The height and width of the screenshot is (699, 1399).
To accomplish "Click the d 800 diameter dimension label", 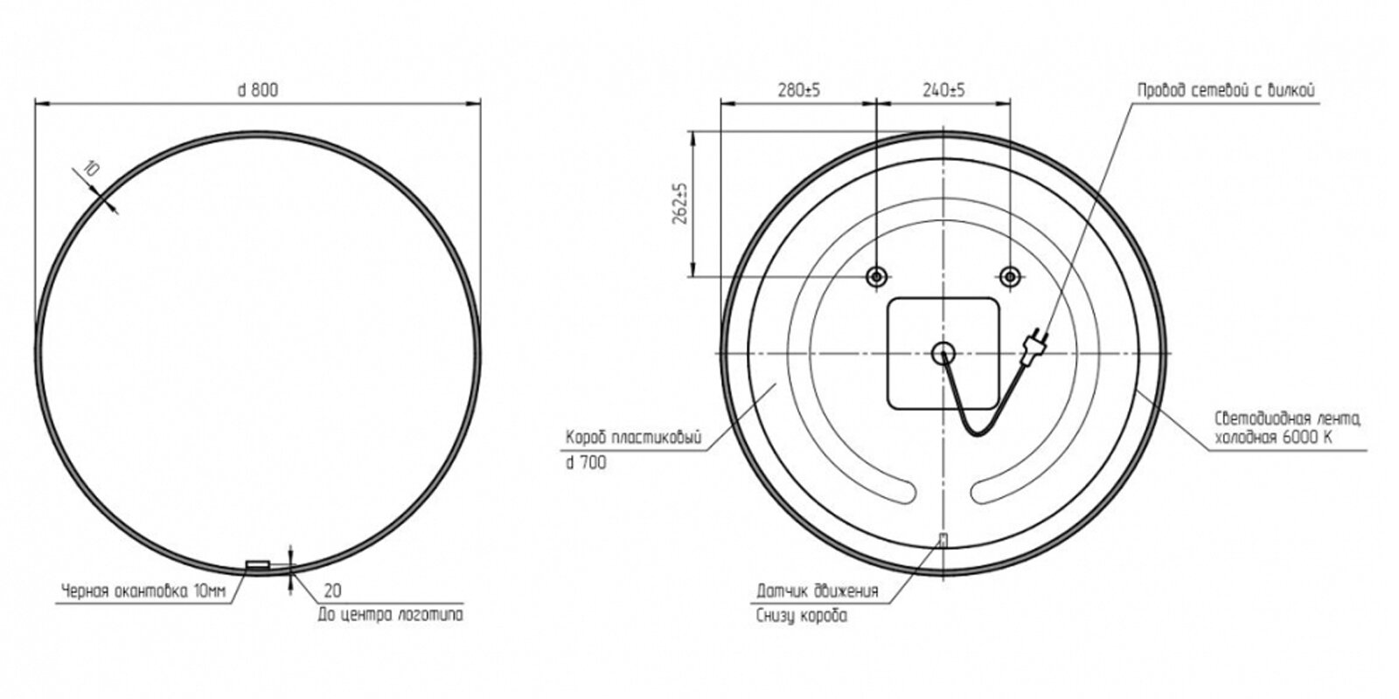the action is point(258,90).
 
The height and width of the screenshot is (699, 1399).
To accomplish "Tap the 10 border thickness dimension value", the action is point(91,169).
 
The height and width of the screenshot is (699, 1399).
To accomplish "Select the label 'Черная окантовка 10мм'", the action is point(143,591).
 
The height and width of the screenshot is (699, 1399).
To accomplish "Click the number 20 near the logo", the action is point(333,591).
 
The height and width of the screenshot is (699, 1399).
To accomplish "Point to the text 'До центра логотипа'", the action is point(390,615).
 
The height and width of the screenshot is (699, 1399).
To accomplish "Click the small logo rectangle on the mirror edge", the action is point(257,564).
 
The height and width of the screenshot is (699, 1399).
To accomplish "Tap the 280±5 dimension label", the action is point(799,90).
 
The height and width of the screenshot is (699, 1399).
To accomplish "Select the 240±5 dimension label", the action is point(943,90).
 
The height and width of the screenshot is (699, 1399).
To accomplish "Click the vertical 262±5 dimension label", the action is point(679,204).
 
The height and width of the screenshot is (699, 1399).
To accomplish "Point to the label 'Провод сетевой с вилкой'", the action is point(1226,91).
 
